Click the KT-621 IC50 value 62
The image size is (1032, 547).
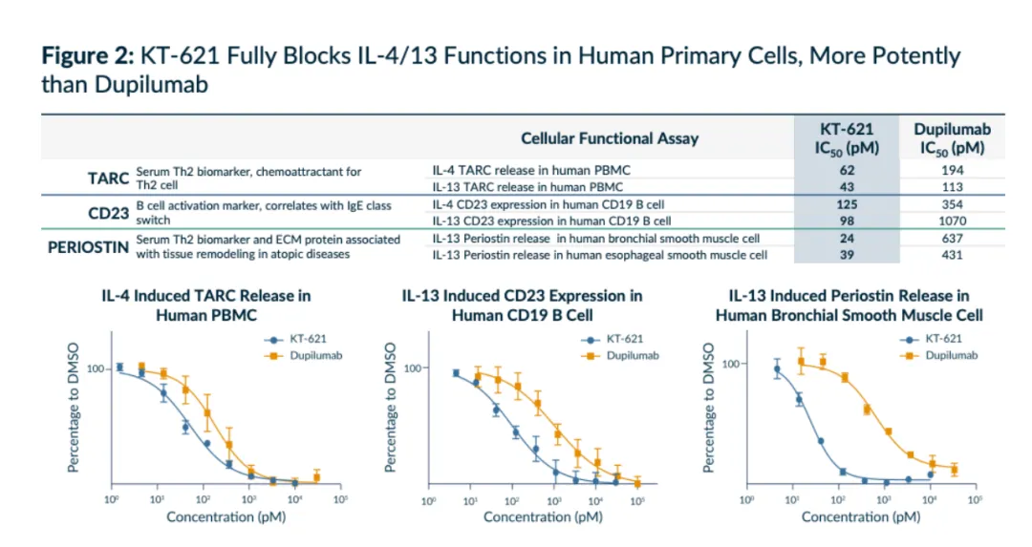(x=847, y=170)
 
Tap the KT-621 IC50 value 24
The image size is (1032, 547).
(x=847, y=239)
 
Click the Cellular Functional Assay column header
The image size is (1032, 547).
(x=610, y=138)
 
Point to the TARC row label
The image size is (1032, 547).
(x=108, y=179)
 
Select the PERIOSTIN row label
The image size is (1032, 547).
(x=89, y=247)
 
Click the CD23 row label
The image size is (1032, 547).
(x=108, y=213)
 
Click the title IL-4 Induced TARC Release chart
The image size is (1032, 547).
(x=206, y=305)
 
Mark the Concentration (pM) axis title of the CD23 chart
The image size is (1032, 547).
(x=543, y=517)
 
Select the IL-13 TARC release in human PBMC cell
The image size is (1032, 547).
(x=527, y=187)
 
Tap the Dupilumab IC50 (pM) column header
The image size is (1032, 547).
(x=952, y=139)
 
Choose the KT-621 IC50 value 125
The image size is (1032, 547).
(x=847, y=204)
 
